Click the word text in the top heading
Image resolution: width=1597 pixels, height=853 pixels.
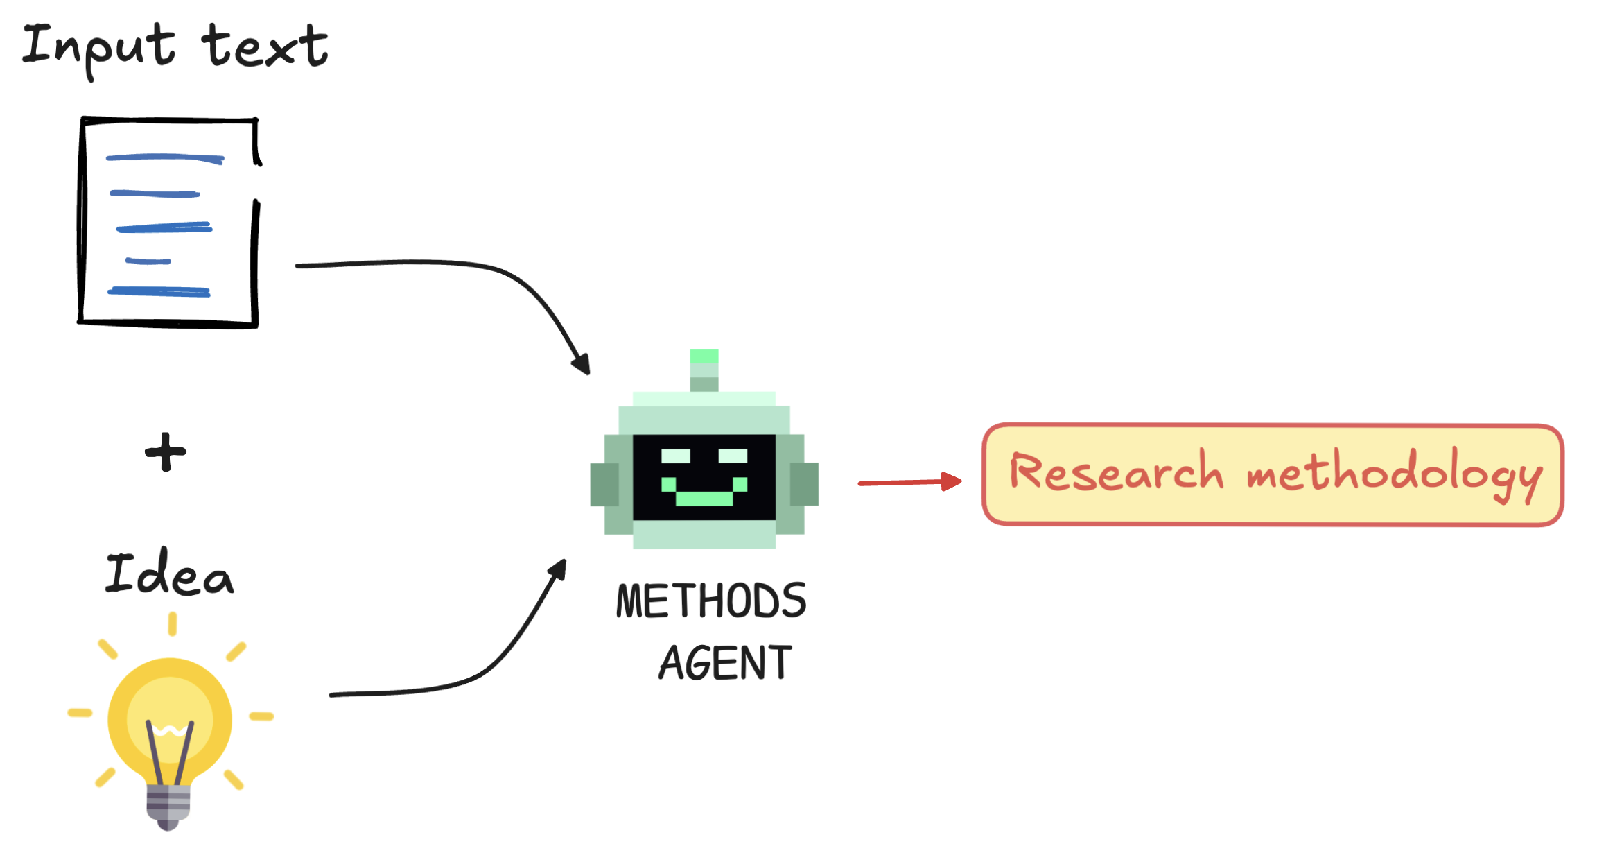tap(265, 47)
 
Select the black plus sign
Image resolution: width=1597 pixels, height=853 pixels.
tap(166, 452)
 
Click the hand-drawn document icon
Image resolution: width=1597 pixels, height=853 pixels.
tap(168, 222)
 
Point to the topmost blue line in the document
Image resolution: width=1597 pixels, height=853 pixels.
tap(165, 158)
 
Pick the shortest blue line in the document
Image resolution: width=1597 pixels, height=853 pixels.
tap(148, 261)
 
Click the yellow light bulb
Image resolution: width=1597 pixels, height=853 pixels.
tap(170, 721)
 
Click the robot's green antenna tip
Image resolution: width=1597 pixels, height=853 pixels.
tap(704, 356)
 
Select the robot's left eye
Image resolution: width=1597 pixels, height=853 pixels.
tap(676, 456)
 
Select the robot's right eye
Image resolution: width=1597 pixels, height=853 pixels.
tap(733, 456)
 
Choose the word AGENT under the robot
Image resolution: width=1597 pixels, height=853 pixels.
tap(725, 663)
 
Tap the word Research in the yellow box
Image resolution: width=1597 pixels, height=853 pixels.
tap(1116, 473)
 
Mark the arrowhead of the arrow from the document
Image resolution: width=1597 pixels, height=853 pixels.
tap(582, 365)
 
